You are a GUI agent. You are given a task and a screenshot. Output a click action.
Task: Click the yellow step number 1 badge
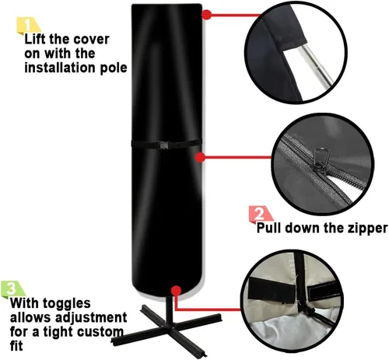point(28,26)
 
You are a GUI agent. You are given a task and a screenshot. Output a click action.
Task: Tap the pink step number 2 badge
point(260,214)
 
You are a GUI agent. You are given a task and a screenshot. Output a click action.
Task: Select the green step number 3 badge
point(12,288)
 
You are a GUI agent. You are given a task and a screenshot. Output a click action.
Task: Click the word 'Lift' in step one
point(35,40)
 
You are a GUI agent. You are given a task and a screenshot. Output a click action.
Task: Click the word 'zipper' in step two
point(367,229)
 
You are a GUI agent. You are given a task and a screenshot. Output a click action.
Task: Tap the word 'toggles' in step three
point(67,304)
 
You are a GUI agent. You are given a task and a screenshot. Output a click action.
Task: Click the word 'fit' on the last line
point(16,345)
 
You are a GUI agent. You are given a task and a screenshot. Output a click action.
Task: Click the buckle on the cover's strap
point(162,145)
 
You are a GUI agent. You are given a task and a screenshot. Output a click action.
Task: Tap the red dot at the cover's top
point(206,15)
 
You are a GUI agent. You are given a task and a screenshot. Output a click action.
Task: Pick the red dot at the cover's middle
point(200,157)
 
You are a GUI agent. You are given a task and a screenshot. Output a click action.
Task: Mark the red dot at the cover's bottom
point(176,291)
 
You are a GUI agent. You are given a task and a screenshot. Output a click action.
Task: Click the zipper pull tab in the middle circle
point(322,159)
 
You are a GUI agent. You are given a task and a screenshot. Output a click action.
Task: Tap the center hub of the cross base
point(168,327)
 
